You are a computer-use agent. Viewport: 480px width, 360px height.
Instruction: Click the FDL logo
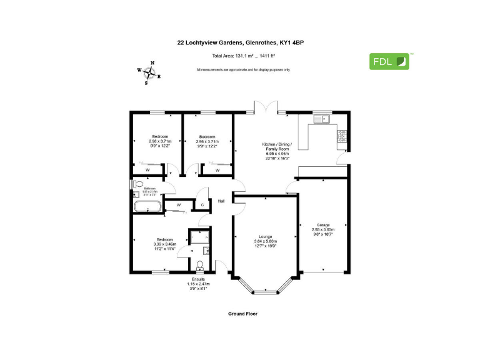click(389, 61)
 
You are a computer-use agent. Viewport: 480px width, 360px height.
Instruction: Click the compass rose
click(149, 73)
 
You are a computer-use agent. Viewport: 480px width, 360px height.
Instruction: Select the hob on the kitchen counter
click(342, 136)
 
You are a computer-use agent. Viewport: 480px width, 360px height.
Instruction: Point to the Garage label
click(323, 224)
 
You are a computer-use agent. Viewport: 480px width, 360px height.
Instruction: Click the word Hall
click(221, 201)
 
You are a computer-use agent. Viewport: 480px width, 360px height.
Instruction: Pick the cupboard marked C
click(202, 204)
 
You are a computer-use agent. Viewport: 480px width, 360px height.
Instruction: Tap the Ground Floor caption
click(243, 313)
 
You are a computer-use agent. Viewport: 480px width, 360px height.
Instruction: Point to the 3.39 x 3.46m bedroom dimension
click(165, 244)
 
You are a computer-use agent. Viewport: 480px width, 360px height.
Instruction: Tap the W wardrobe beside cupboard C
click(179, 204)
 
